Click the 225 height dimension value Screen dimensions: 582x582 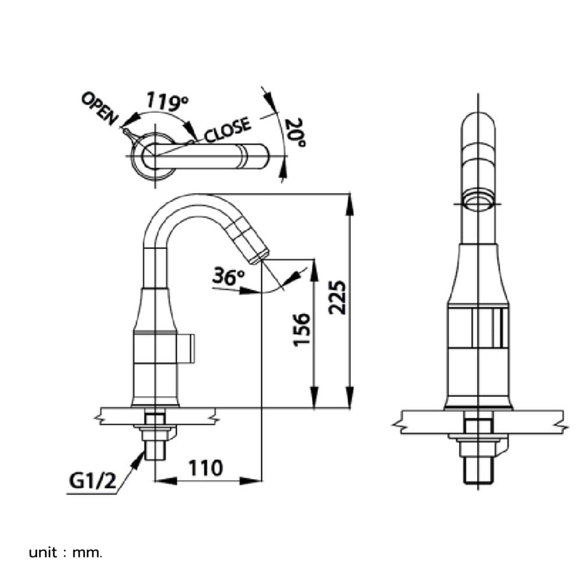[x=338, y=297]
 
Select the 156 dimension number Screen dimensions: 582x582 [x=301, y=330]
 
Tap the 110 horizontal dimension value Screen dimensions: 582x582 [x=205, y=468]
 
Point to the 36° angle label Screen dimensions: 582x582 [x=228, y=276]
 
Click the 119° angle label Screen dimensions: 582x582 [x=166, y=101]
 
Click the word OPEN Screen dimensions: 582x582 [x=100, y=109]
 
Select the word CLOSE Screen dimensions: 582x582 [x=228, y=130]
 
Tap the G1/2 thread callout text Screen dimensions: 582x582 [x=93, y=481]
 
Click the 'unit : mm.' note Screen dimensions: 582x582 [x=65, y=553]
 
